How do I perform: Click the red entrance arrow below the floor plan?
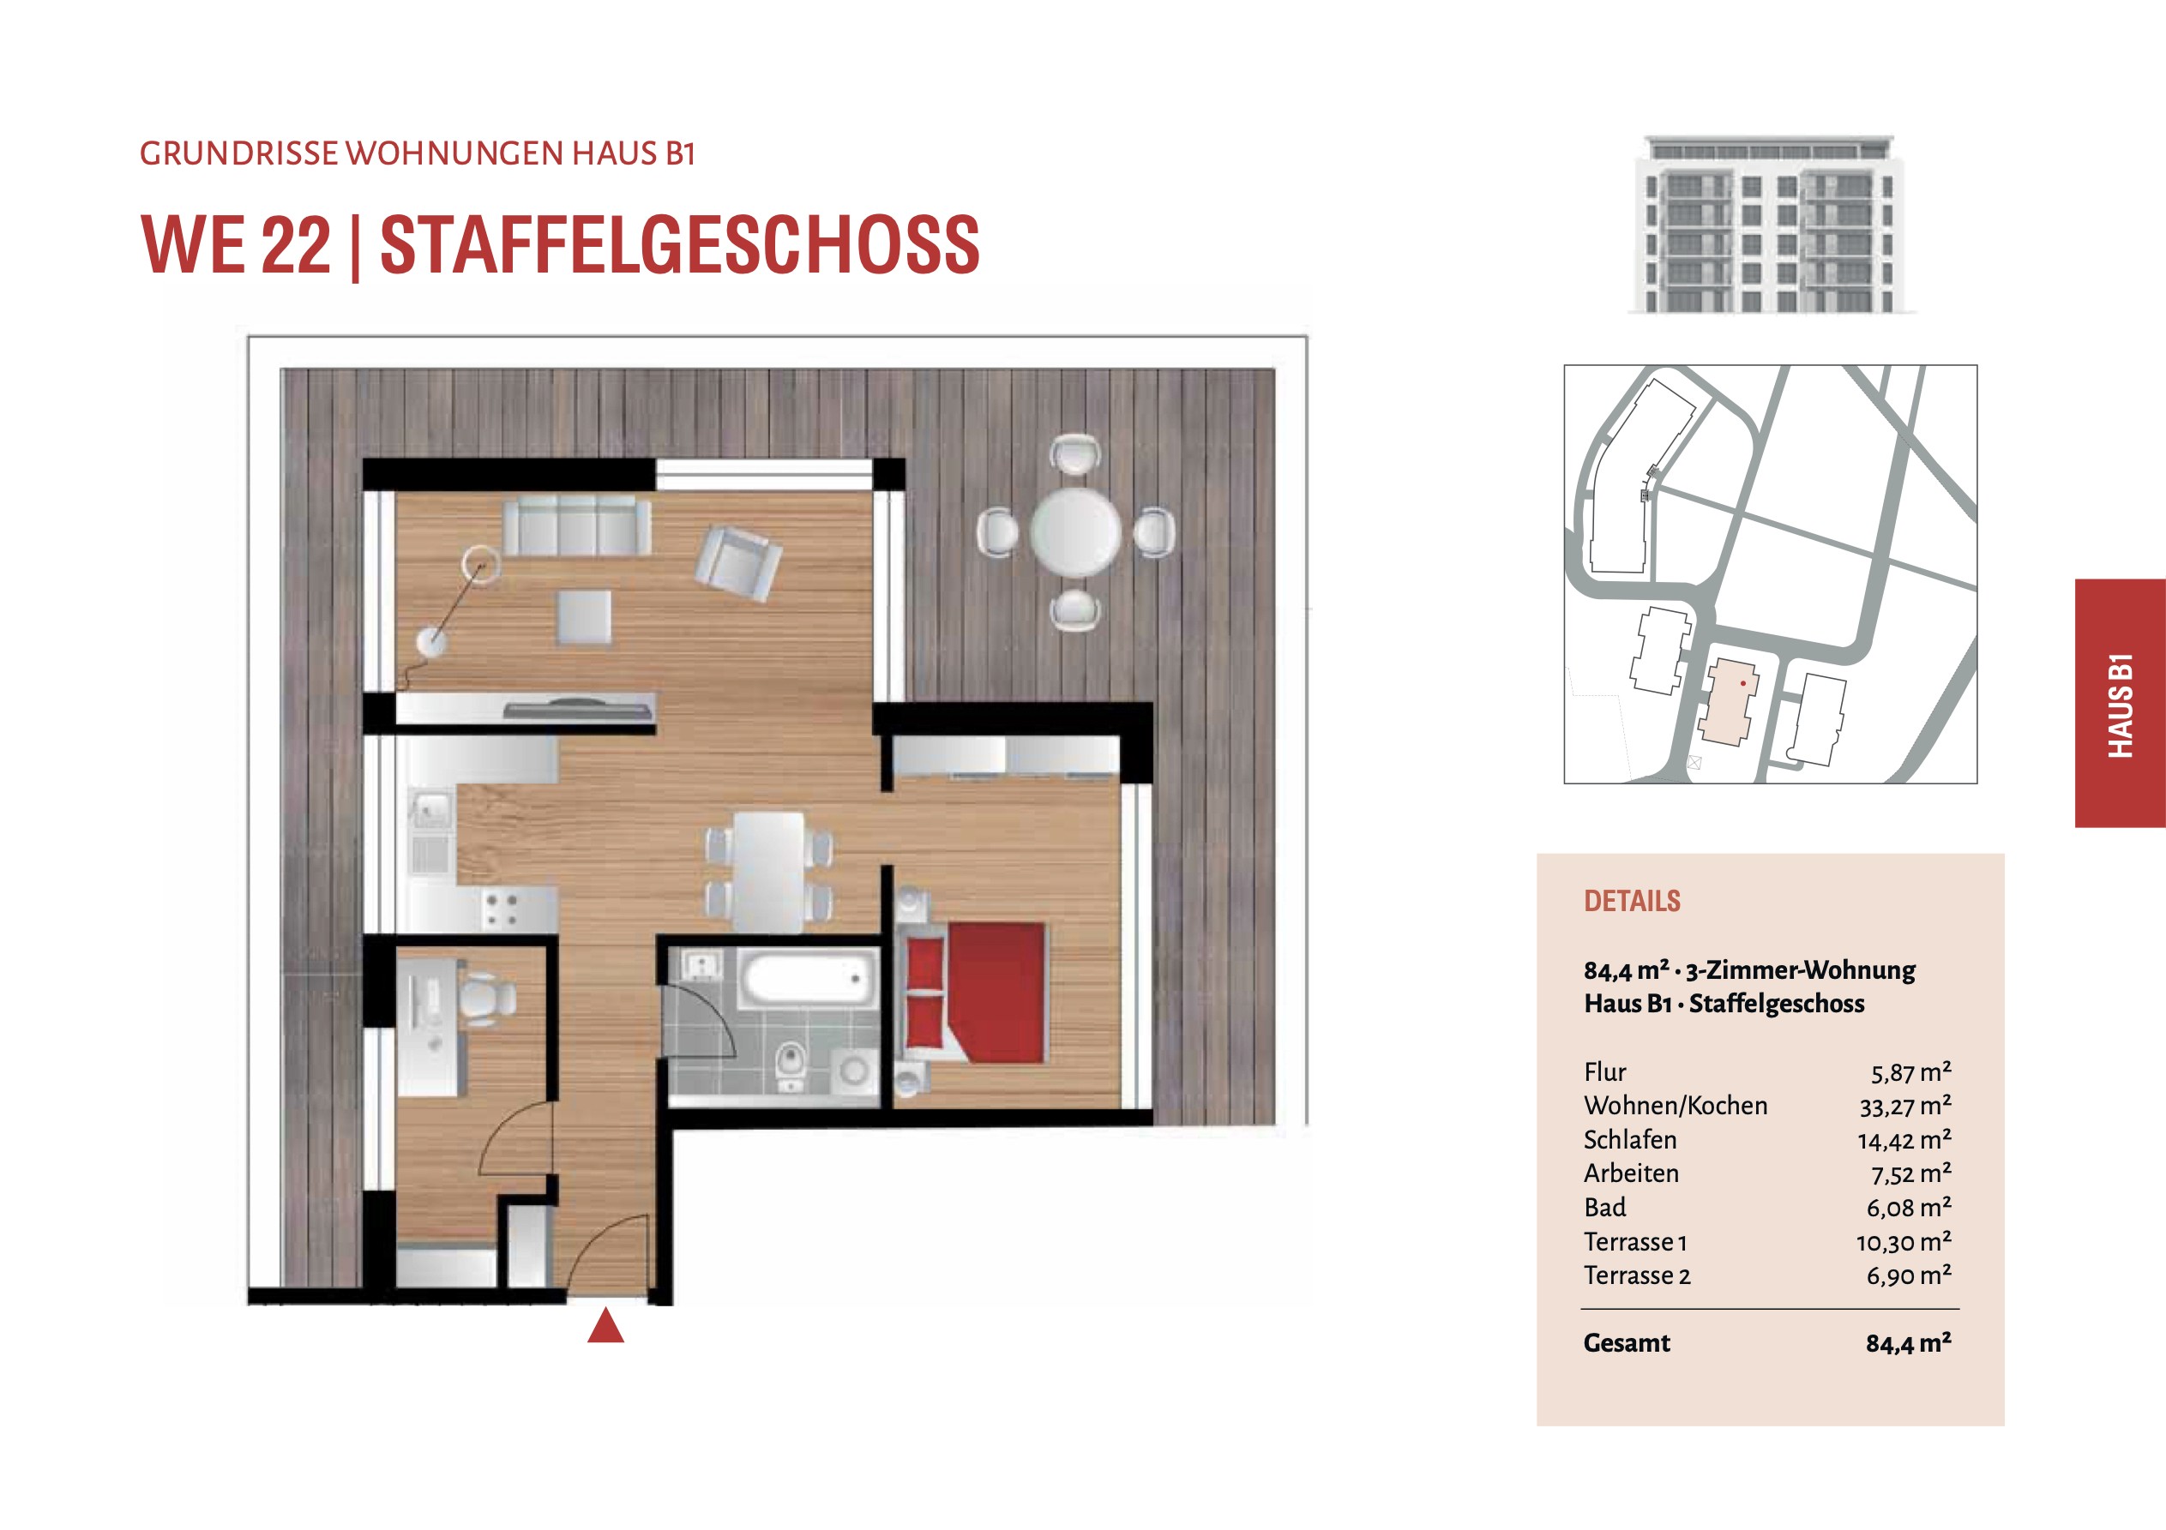[x=605, y=1325]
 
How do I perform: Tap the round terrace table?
[x=1074, y=532]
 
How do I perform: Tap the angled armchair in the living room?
[x=737, y=563]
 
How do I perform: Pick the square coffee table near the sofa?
[x=583, y=617]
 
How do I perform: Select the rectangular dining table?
[x=769, y=872]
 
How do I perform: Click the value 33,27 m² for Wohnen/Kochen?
[x=1904, y=1106]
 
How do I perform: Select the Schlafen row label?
[x=1629, y=1139]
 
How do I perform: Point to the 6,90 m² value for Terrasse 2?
[x=1909, y=1275]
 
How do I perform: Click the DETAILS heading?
[x=1632, y=901]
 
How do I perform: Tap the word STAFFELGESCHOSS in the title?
[x=679, y=244]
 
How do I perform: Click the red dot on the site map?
[x=1743, y=683]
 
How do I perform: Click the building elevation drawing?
[x=1771, y=224]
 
